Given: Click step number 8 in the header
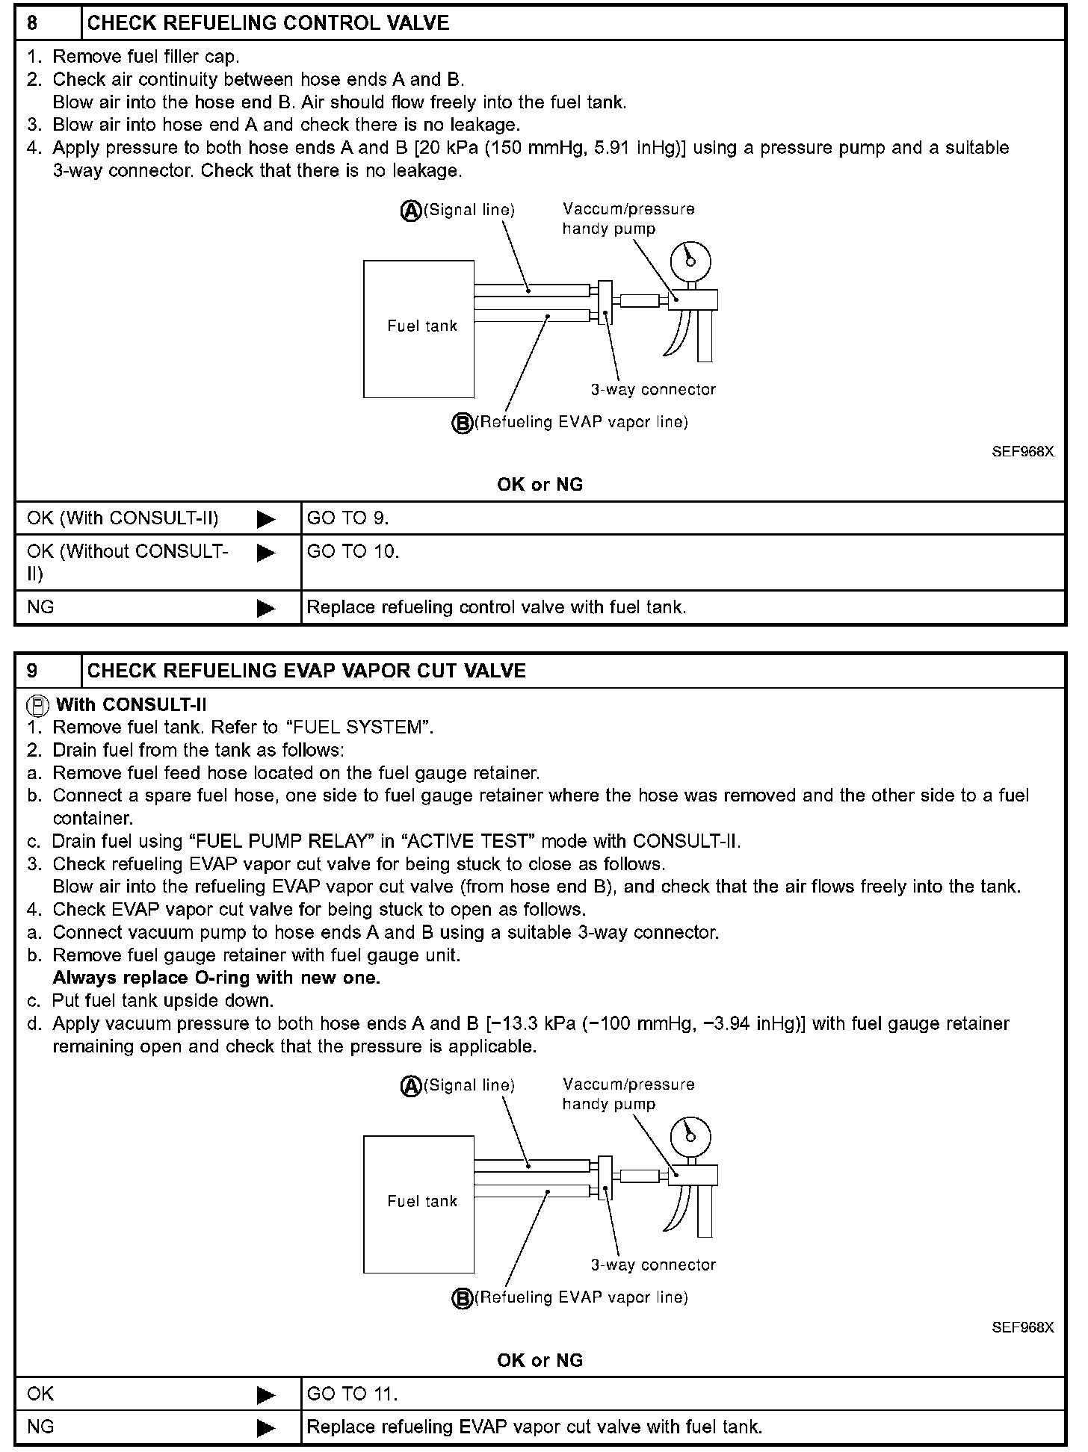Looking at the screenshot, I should click(x=32, y=22).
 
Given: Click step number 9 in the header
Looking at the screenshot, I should click(x=32, y=671).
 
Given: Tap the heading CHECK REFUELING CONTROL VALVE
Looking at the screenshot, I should click(x=268, y=23).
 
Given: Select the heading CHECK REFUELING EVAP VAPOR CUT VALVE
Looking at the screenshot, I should click(x=306, y=671).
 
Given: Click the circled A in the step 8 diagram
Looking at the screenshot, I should click(x=411, y=211).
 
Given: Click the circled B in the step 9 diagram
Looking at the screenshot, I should click(x=463, y=1299).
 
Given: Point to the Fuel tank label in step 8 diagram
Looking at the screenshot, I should click(x=421, y=326).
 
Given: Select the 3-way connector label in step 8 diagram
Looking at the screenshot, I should click(x=653, y=389).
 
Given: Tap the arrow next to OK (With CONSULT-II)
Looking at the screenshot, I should click(x=265, y=518).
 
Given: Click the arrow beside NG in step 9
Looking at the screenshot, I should click(x=265, y=1427).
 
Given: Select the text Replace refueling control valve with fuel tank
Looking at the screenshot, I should click(x=496, y=607).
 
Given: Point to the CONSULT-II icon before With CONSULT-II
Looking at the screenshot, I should click(x=37, y=705).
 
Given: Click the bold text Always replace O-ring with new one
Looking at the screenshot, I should click(x=217, y=978).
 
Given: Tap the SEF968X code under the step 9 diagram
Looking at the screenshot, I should click(x=1022, y=1327).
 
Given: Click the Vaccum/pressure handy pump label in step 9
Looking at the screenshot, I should click(x=628, y=1094).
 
